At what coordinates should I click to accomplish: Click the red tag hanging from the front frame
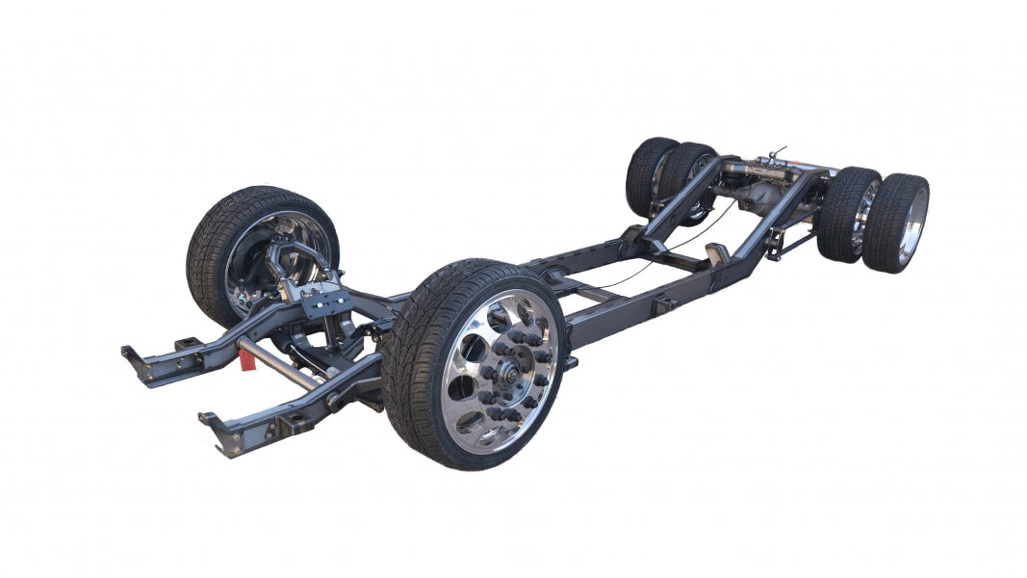pyautogui.click(x=247, y=358)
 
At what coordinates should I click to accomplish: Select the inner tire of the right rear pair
pyautogui.click(x=847, y=214)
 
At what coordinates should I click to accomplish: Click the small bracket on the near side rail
pyautogui.click(x=664, y=304)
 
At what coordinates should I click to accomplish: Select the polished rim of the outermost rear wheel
pyautogui.click(x=912, y=224)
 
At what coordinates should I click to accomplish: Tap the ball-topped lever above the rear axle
pyautogui.click(x=778, y=153)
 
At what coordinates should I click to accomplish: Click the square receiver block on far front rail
pyautogui.click(x=187, y=344)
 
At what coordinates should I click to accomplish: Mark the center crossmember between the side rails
pyautogui.click(x=578, y=289)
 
